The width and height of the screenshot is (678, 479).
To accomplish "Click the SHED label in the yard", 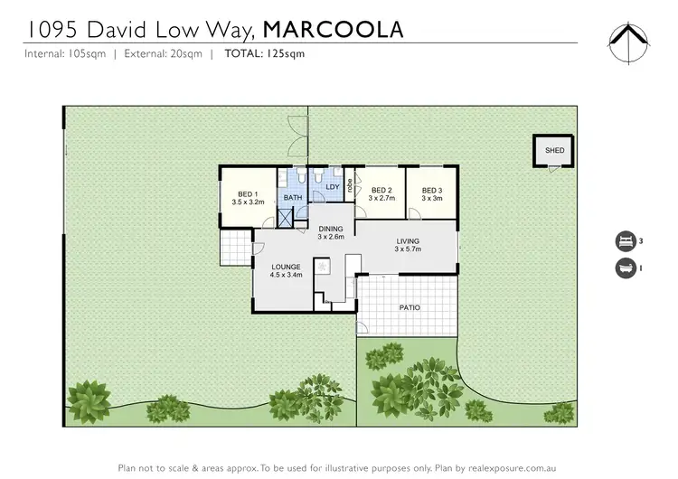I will click(x=553, y=151).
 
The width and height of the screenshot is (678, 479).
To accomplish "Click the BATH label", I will click(x=293, y=197).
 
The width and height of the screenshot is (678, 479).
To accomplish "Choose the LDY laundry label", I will click(x=332, y=188).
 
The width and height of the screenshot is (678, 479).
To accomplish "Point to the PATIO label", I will click(x=410, y=307).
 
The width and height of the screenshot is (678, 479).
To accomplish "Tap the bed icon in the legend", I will click(x=625, y=241).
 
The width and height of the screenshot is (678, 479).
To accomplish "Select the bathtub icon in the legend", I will click(x=625, y=268).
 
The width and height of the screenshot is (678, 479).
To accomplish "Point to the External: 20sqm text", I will click(x=164, y=53).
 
